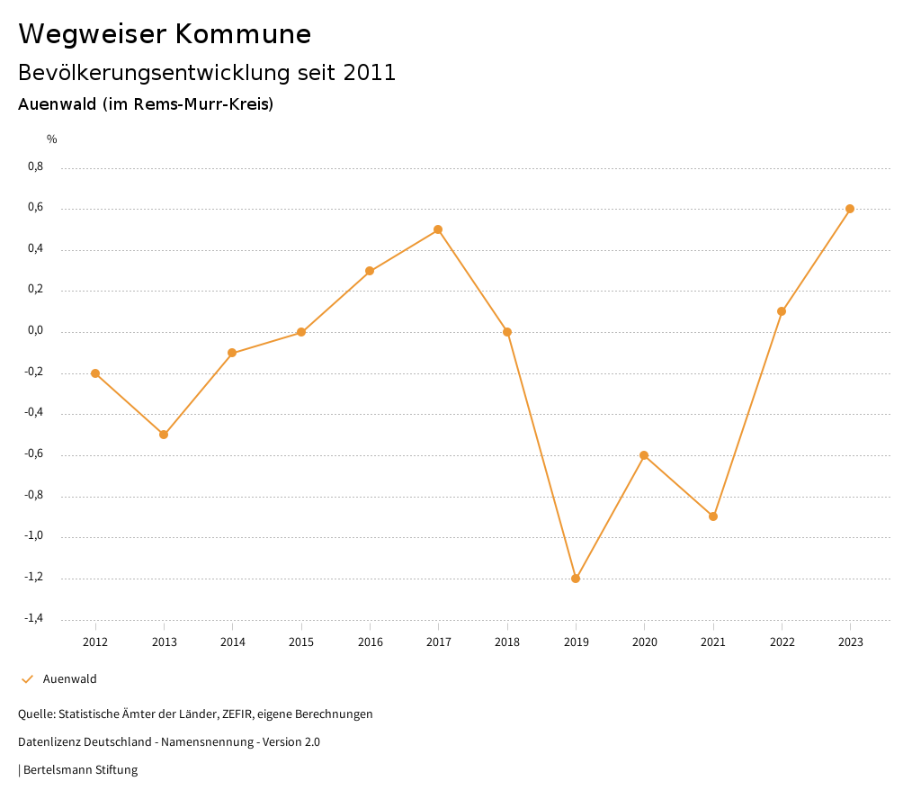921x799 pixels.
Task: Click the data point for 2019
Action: pos(576,579)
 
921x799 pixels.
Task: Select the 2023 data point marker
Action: pos(850,209)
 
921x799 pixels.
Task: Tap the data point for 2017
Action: pos(438,229)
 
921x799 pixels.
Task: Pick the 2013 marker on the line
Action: pos(164,435)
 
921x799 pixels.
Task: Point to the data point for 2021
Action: pos(713,516)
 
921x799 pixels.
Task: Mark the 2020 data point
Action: pos(644,455)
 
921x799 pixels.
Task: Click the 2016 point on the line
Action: pos(370,271)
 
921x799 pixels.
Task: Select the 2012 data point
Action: pos(95,373)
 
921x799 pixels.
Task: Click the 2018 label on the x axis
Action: pos(507,642)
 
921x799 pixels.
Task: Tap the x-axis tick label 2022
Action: pos(782,642)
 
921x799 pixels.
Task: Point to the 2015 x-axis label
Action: pos(301,642)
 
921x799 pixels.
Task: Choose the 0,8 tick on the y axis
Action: pos(35,166)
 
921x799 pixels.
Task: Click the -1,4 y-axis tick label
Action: pos(33,618)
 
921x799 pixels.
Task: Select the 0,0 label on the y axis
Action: pos(35,331)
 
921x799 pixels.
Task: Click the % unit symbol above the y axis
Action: pos(52,139)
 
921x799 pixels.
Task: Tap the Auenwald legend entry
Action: pos(69,679)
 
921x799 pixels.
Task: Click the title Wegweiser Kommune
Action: pos(165,34)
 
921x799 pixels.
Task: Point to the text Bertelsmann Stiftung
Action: pos(80,770)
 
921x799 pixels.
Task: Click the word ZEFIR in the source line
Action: pos(237,714)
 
